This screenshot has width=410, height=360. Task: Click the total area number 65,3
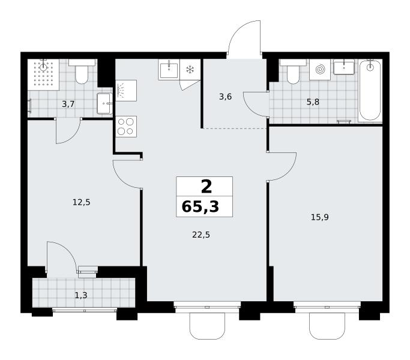click(x=200, y=207)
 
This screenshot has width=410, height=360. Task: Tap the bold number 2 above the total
click(x=207, y=187)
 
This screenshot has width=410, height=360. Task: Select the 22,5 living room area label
click(x=201, y=235)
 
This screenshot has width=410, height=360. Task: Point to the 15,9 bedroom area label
click(x=320, y=217)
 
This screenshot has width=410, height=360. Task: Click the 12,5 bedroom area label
click(x=81, y=202)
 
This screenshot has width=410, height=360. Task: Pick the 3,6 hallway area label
click(x=225, y=97)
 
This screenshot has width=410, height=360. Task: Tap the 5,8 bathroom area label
click(x=313, y=102)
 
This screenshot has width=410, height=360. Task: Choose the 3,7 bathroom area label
click(x=68, y=104)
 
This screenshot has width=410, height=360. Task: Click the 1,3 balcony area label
click(x=81, y=295)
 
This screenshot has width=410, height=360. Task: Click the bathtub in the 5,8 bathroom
click(x=370, y=91)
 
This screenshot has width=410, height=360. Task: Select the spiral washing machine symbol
click(x=320, y=70)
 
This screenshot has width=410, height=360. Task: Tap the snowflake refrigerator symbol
click(x=190, y=70)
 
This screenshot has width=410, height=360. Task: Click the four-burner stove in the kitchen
click(x=126, y=127)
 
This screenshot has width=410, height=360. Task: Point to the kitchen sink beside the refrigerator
click(x=169, y=70)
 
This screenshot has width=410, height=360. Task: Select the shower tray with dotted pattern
click(x=43, y=74)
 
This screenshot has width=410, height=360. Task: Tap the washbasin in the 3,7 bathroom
click(x=105, y=104)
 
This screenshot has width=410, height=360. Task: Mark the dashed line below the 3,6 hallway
click(x=235, y=128)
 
